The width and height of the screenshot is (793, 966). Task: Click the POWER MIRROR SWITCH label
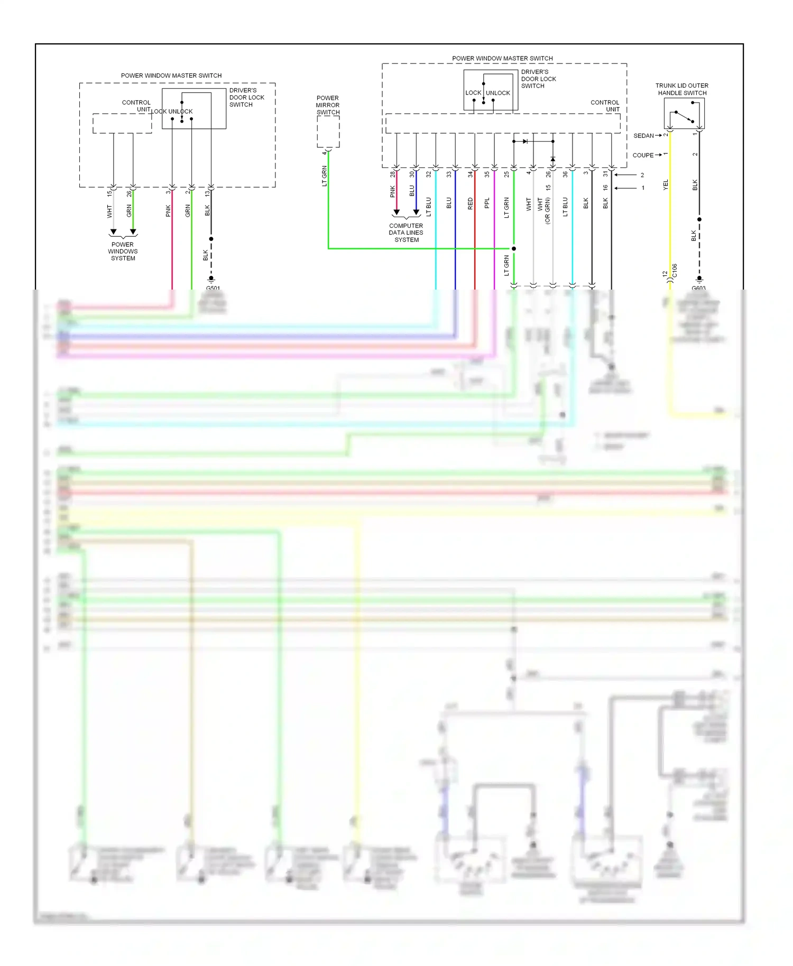(328, 105)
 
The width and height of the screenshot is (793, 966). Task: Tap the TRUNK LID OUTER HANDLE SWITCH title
(682, 89)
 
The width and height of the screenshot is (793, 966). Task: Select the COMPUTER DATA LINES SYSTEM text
(406, 233)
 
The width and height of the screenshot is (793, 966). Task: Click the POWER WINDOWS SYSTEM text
(123, 252)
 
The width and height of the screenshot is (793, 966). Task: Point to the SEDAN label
(643, 136)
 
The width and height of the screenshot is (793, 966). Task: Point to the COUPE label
(643, 155)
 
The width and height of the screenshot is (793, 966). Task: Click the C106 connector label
(675, 271)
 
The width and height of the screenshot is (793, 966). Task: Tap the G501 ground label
(213, 289)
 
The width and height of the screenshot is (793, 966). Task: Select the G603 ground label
(698, 289)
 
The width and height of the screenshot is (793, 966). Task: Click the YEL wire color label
(666, 184)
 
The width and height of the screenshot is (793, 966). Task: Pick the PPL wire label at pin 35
(487, 203)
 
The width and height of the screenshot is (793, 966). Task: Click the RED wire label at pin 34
(470, 204)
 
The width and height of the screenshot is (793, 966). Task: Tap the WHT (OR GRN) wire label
(543, 210)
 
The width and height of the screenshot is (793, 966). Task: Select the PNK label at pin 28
(392, 191)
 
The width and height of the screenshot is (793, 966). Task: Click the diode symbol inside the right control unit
(525, 141)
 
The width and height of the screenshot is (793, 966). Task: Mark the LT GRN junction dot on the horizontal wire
(513, 248)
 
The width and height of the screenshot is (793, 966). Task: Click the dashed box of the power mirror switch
(328, 132)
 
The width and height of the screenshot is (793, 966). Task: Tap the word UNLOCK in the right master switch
(498, 93)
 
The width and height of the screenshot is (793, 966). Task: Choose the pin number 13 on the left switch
(207, 193)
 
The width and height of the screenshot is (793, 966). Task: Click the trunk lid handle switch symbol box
(684, 114)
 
